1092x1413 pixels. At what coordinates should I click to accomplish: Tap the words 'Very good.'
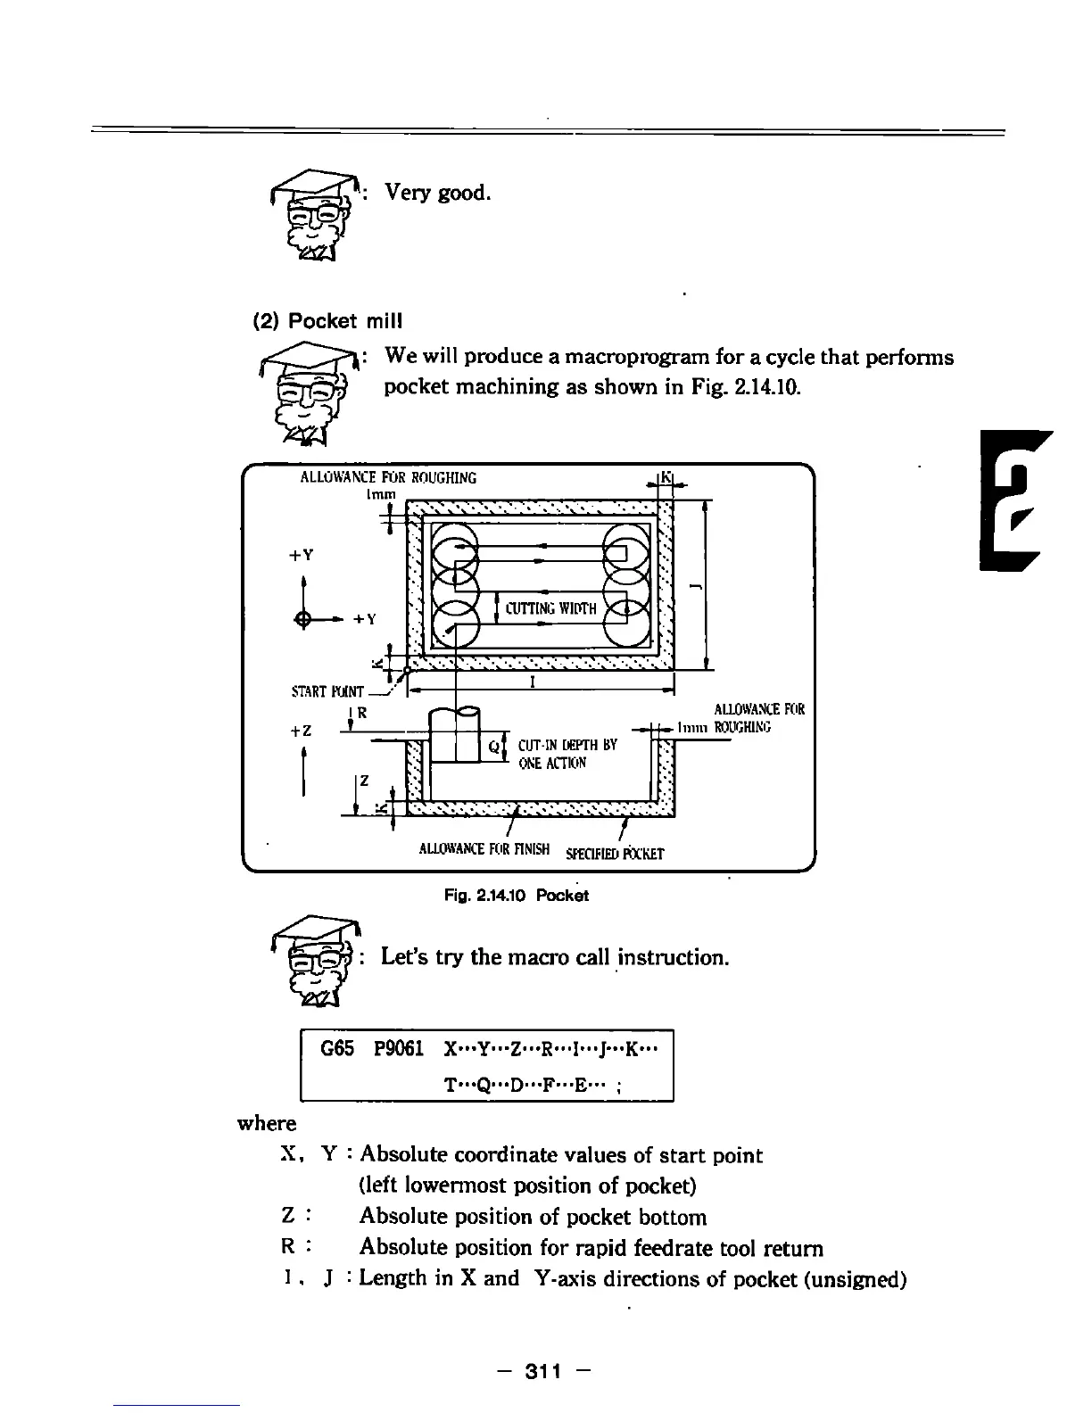437,192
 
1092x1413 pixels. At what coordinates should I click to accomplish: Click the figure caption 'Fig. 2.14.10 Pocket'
517,895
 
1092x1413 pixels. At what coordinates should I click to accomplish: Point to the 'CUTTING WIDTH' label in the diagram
550,609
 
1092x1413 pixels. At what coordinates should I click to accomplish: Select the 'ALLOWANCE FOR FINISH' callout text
484,848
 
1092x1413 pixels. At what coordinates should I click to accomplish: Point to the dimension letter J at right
692,585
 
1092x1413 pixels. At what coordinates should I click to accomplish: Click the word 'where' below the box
267,1122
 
